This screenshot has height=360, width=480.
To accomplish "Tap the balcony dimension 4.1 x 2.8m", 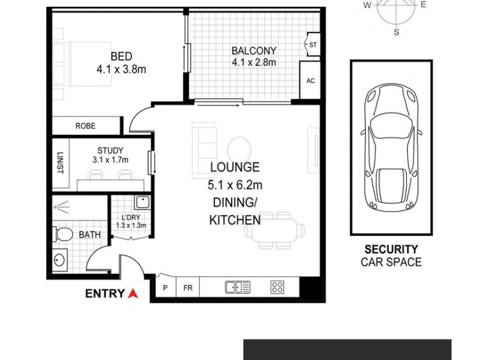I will click(x=254, y=62).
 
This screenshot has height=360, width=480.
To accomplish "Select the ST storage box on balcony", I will click(x=313, y=45).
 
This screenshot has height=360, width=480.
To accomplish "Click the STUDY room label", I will click(x=110, y=150).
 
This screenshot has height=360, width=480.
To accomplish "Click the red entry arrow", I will click(x=133, y=293).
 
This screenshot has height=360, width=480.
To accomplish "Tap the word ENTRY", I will click(x=105, y=294).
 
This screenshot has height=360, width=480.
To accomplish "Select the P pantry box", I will click(x=165, y=288).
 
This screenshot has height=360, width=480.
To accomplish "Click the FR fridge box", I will click(x=188, y=288).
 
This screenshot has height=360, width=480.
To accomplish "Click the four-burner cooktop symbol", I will click(x=277, y=287).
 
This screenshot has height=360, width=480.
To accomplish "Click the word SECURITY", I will click(x=391, y=249).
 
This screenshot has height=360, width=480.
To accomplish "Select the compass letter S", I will click(x=396, y=32).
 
